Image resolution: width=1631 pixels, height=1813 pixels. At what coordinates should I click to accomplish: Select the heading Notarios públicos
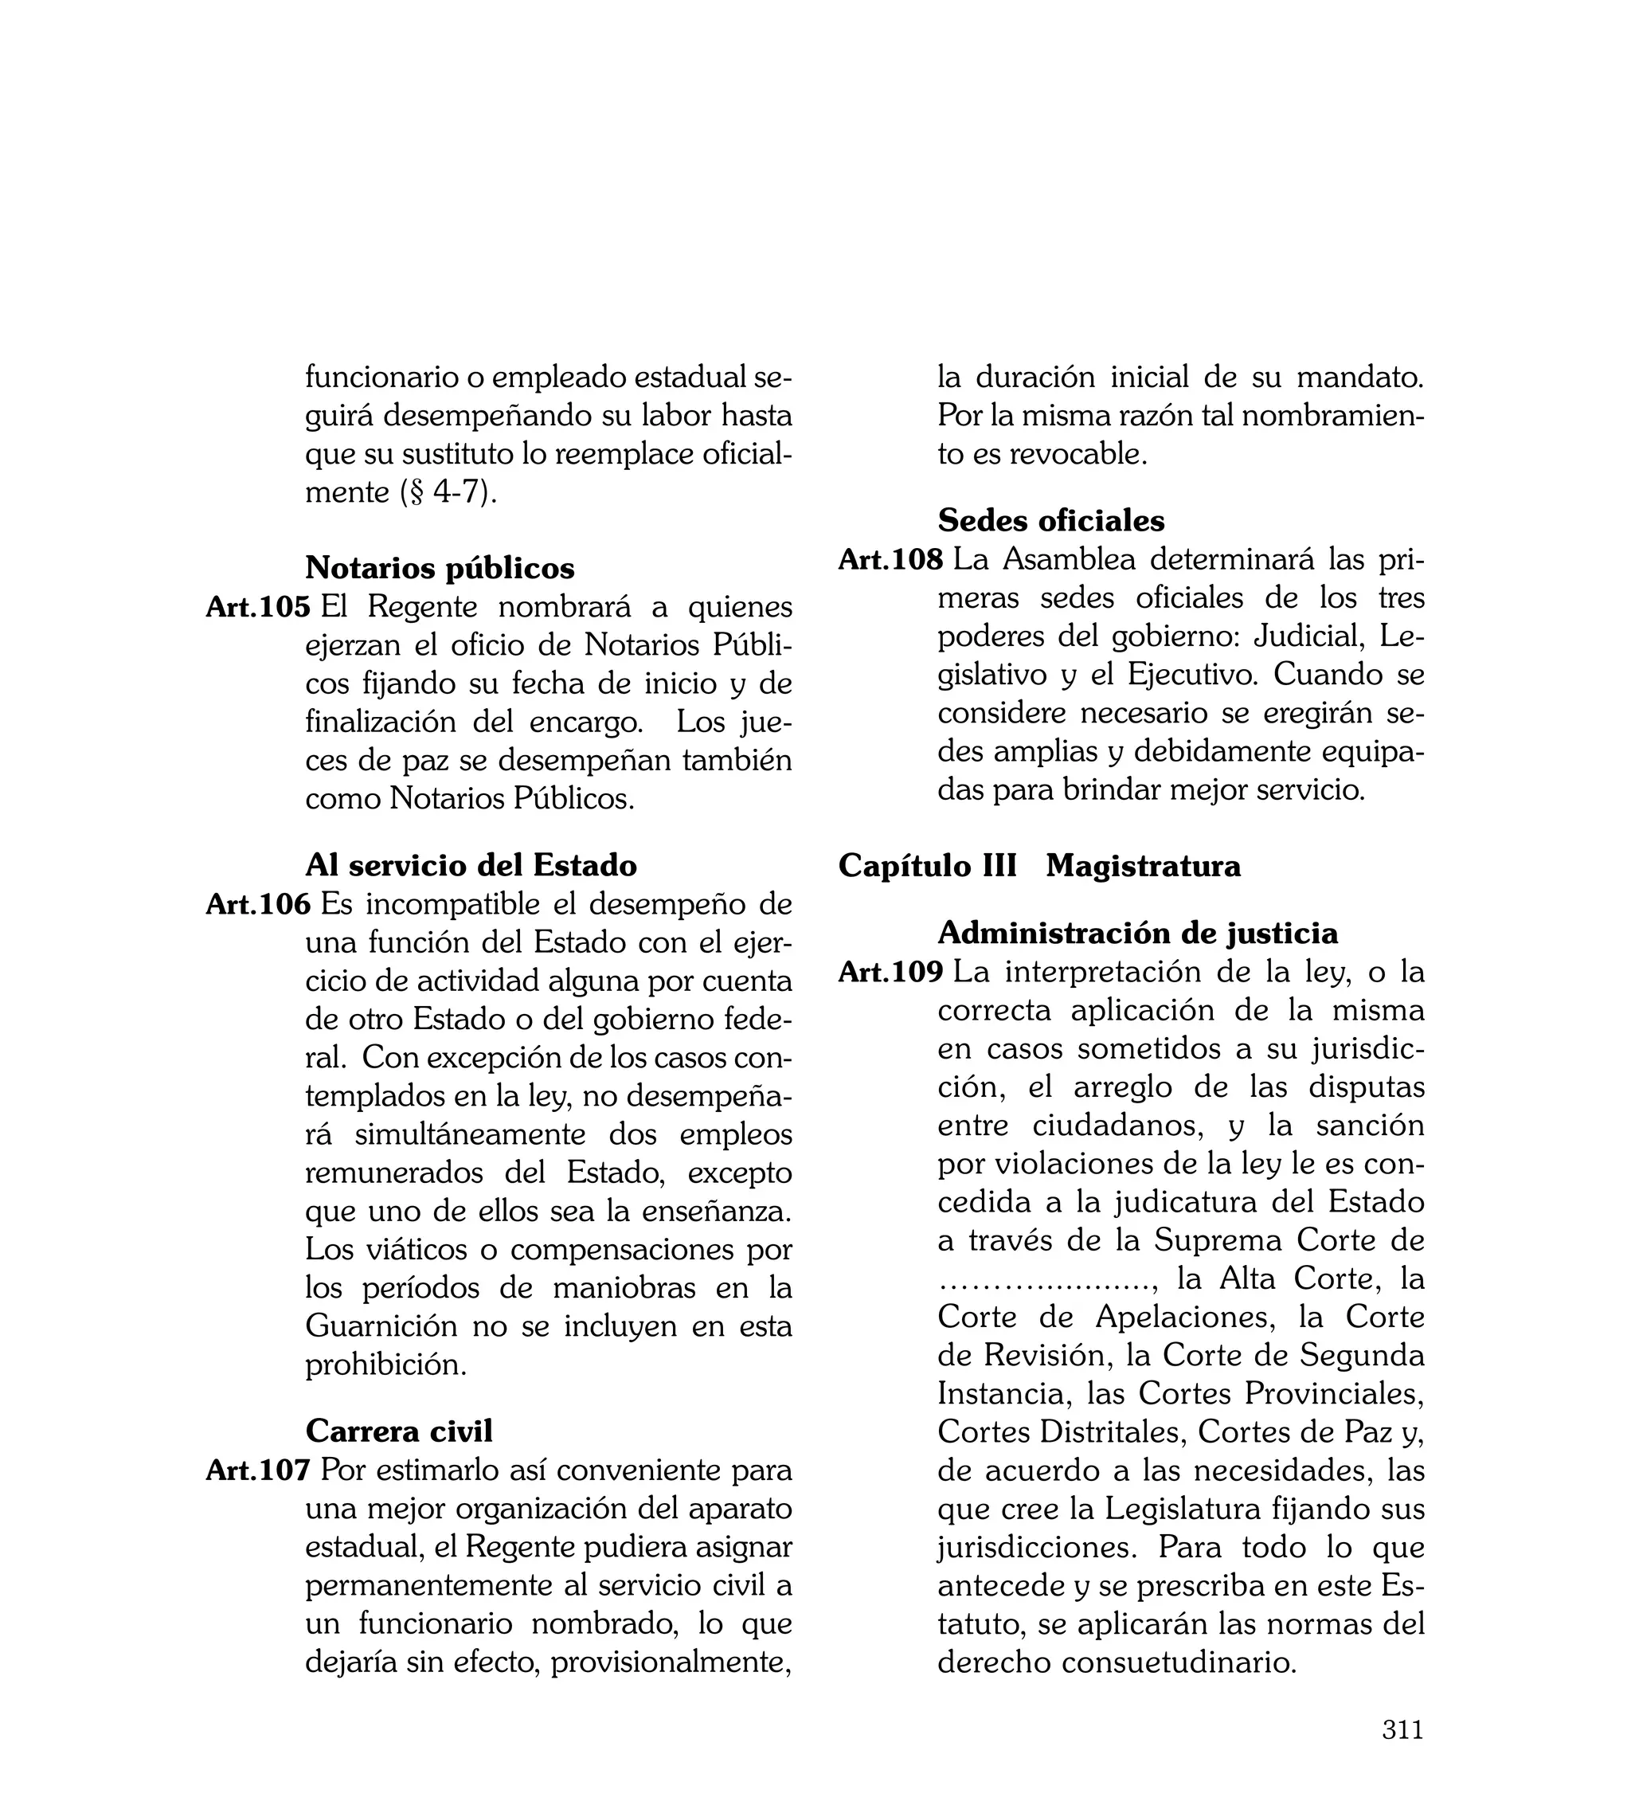pos(440,568)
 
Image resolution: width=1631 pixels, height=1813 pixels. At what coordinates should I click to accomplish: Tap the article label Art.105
pos(257,607)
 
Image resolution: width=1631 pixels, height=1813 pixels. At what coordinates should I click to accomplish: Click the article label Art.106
pos(257,904)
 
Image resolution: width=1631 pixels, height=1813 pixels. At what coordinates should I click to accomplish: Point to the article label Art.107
pos(257,1470)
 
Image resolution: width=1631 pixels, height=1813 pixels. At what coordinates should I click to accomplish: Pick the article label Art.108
pos(890,559)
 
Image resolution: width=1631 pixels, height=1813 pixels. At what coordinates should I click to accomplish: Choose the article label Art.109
pos(890,972)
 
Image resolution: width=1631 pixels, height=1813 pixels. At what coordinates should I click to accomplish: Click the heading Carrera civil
pos(399,1431)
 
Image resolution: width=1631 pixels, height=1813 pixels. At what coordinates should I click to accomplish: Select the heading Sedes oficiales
pos(1051,521)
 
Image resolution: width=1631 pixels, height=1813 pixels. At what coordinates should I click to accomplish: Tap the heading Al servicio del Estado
pos(471,866)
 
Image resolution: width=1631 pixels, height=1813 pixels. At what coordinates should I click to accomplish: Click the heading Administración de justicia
pos(1137,934)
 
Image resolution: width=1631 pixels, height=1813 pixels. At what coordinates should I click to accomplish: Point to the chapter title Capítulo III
pos(928,867)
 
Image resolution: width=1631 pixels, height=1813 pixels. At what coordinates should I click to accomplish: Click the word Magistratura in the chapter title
pos(1143,867)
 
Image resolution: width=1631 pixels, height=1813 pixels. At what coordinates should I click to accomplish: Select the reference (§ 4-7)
pos(448,493)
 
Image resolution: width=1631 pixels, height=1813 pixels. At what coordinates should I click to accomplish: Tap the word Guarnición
pos(381,1325)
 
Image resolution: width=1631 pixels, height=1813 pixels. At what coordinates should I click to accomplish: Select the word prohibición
pos(385,1365)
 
